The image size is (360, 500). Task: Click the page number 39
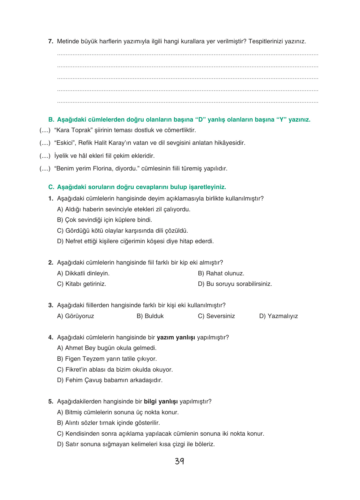pos(180,461)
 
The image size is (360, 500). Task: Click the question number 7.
pos(51,41)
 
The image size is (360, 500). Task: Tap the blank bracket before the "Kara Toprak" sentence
pos(45,130)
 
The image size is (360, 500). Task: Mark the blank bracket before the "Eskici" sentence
pos(45,143)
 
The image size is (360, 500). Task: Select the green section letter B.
pos(51,120)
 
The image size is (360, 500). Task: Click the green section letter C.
pos(51,187)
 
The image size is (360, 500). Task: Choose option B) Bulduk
pos(150,316)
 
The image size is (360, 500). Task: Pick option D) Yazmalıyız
pos(278,316)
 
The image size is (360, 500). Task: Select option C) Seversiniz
pos(216,316)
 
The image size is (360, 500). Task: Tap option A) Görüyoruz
pos(76,316)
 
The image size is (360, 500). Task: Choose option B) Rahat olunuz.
pos(221,274)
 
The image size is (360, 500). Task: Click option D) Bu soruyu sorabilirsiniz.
pos(235,284)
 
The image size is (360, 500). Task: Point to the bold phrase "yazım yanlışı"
pos(176,338)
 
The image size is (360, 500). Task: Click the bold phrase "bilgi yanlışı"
pos(161,402)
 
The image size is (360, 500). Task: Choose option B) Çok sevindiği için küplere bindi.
pos(104,220)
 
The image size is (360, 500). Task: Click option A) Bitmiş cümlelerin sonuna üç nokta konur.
pos(118,412)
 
